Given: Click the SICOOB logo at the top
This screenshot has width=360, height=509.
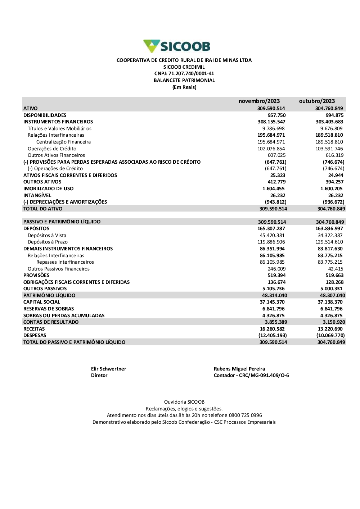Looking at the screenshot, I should pos(177,46).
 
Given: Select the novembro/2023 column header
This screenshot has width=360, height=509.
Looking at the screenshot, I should pos(259,101).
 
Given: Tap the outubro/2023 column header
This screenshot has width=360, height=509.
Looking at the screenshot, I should pos(317,101).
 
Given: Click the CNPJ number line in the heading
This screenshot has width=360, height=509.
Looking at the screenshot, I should pos(184,74).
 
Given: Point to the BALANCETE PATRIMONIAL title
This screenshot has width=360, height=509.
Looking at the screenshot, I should pos(184,81).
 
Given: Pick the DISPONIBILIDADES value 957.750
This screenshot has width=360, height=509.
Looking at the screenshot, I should pos(276,115).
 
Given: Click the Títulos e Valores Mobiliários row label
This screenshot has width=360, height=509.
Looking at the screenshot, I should pos(59,128).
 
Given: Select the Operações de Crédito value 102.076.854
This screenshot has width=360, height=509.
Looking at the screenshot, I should pos(271,149).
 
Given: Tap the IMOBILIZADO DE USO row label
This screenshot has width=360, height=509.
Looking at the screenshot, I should pos(48,188).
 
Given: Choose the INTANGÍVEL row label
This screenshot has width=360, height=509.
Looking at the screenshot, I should pos(37,195).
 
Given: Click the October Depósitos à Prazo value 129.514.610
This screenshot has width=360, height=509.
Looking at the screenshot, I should pos(329,242).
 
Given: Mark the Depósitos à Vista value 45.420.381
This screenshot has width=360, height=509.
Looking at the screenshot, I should pos(272,235).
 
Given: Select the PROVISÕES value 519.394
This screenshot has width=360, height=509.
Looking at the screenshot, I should pos(276,275).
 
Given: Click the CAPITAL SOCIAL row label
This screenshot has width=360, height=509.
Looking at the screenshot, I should pos(42,302).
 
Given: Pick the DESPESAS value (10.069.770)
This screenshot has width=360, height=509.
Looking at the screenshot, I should pos(330,336).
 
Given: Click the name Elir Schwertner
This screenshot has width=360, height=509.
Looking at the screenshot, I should pos(109,369).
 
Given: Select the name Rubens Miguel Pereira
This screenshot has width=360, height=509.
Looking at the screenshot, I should pos(239,369).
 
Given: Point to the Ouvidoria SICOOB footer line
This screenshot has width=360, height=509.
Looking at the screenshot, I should pos(184,402).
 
